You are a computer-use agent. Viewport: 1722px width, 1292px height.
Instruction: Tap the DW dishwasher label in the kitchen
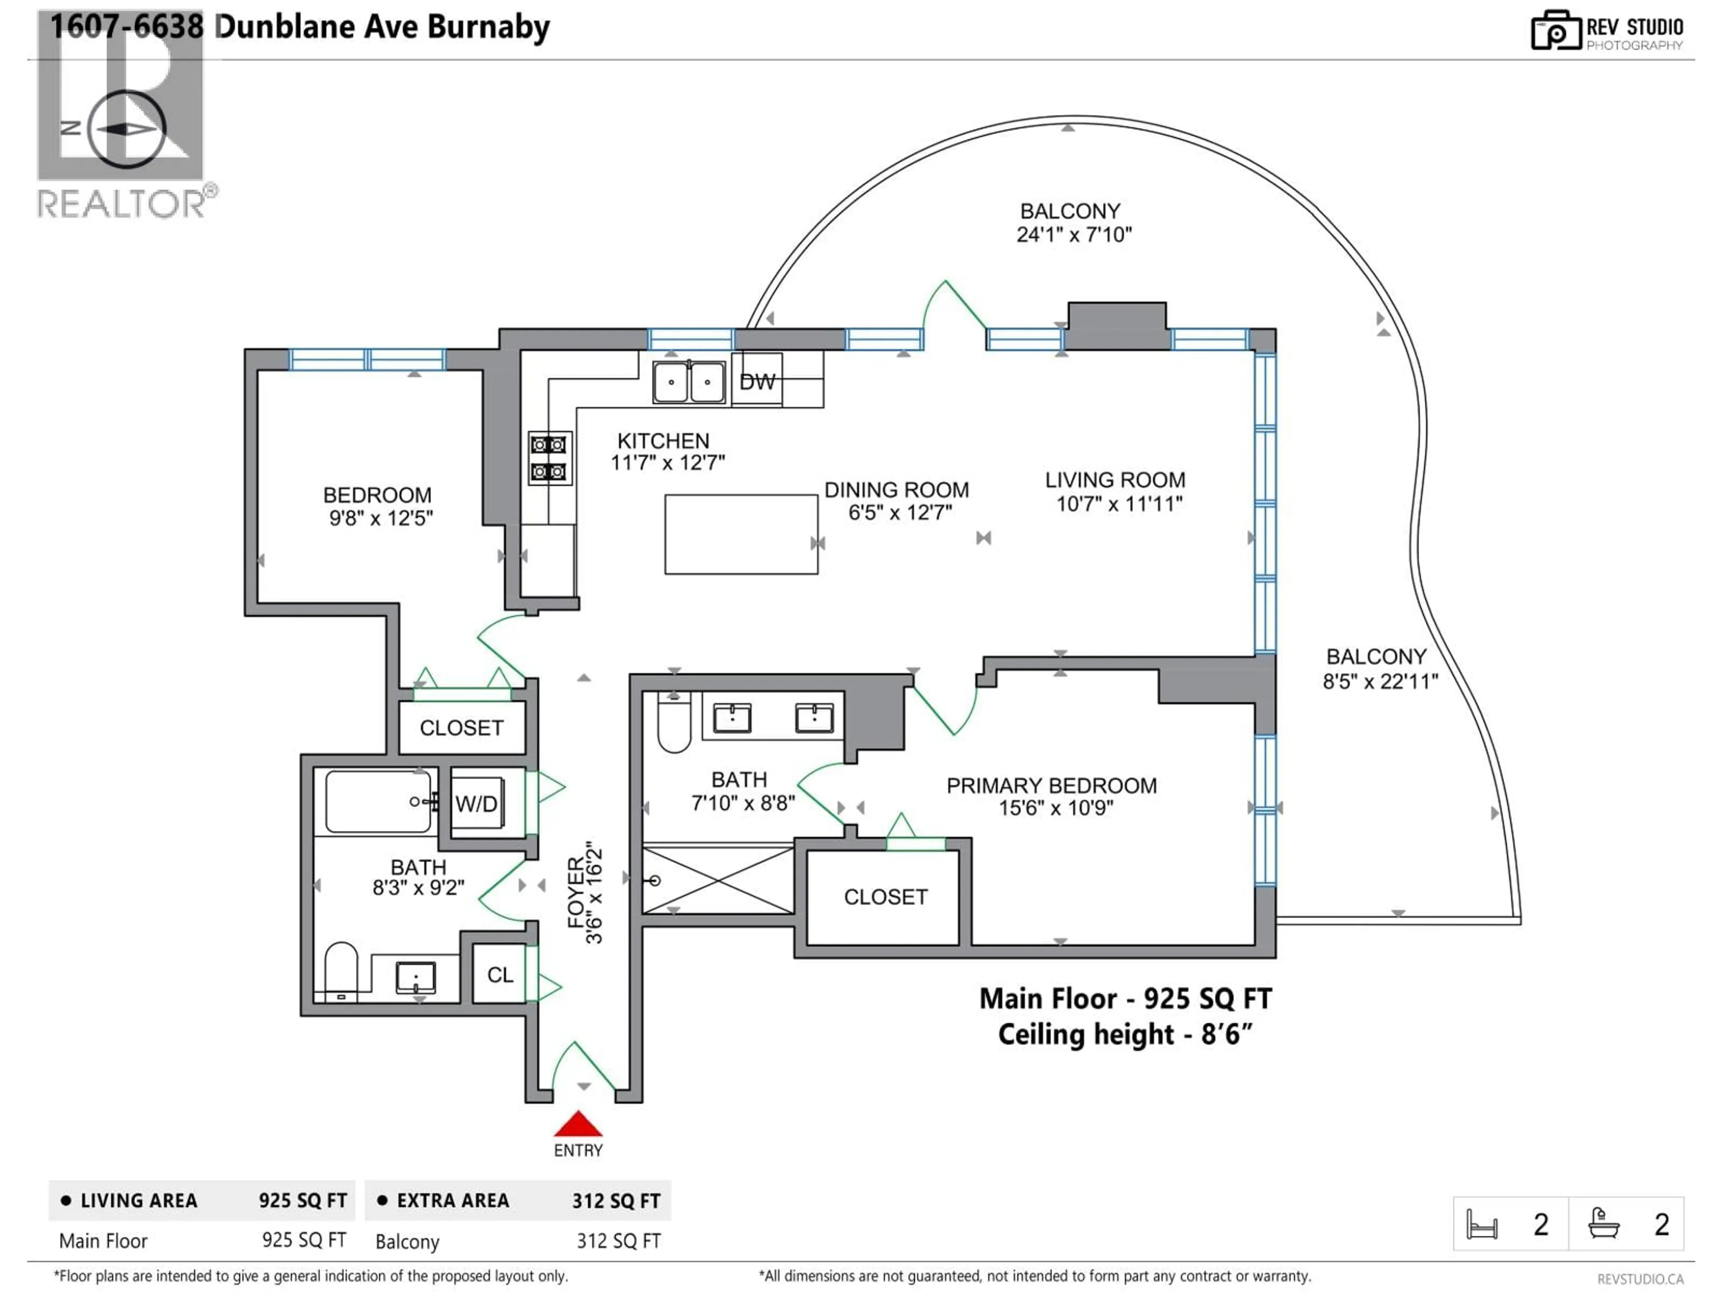coord(757,382)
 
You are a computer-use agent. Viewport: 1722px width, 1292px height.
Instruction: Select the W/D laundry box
coord(476,803)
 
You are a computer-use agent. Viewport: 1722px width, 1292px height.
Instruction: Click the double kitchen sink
coord(688,382)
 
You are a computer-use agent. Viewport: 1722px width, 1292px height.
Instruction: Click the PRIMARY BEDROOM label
coord(1051,786)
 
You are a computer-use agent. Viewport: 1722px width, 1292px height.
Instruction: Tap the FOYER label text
coord(576,892)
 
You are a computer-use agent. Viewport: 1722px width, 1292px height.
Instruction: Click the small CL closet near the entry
coord(500,975)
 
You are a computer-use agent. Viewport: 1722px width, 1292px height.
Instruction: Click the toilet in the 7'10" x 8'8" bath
coord(674,724)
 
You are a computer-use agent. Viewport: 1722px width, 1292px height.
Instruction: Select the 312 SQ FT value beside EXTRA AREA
coord(616,1201)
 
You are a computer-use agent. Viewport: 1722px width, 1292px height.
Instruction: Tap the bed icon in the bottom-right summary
coord(1482,1224)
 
